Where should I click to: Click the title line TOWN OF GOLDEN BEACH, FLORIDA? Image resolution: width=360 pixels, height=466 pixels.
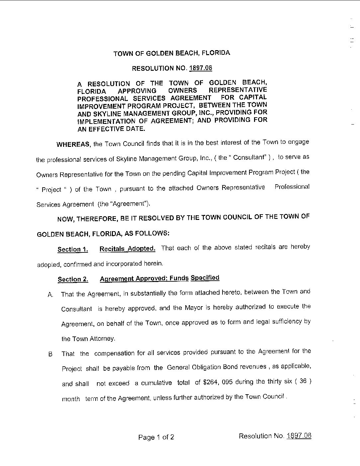point(172,53)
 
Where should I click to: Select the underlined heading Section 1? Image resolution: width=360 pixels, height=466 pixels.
point(73,249)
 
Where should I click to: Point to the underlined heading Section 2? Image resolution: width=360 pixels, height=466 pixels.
point(73,279)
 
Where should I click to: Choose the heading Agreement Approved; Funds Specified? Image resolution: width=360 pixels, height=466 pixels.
point(159,278)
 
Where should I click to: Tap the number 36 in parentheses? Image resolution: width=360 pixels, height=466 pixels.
point(303,381)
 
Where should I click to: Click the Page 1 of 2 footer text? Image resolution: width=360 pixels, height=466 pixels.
point(156,437)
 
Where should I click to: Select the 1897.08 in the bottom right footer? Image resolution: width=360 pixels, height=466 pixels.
point(299,436)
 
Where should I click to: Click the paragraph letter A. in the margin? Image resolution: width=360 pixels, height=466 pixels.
point(50,295)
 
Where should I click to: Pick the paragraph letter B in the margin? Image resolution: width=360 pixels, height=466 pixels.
point(50,354)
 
